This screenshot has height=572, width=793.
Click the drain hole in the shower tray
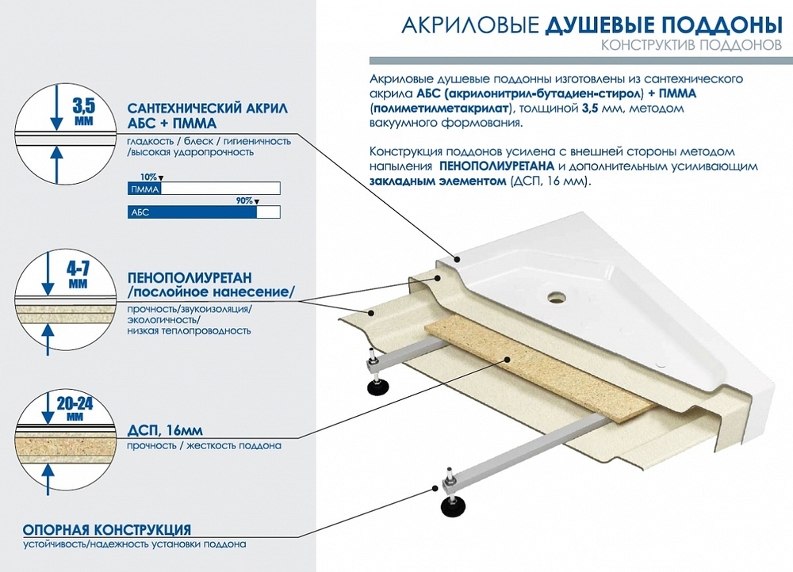pos(554,299)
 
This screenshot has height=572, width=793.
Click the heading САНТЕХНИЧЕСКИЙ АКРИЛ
pos(207,109)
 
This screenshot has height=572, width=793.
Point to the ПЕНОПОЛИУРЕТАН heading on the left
pos(190,278)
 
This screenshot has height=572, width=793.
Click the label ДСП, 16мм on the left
pos(164,431)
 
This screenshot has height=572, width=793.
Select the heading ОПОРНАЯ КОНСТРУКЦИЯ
pos(106,529)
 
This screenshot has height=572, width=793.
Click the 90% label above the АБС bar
pos(243,201)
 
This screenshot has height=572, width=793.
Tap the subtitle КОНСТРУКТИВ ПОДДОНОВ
pos(691,46)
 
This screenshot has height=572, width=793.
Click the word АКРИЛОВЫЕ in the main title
pos(471,25)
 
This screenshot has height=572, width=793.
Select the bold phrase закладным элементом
pos(436,181)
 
